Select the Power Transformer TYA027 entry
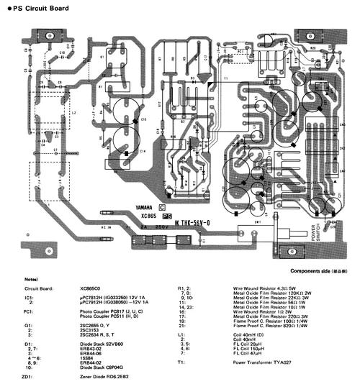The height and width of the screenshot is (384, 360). coord(262,362)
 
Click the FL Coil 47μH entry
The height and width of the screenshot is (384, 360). coord(248,353)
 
